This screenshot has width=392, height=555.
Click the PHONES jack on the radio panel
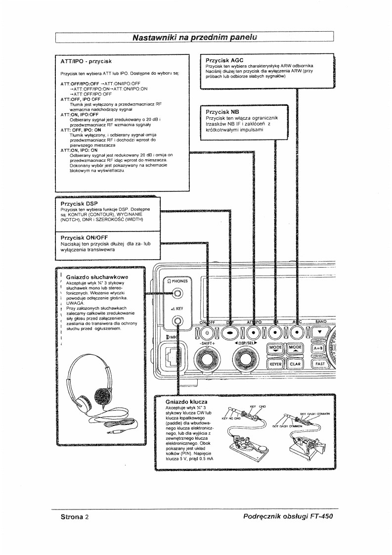[x=177, y=296]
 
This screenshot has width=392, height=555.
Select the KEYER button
[x=275, y=364]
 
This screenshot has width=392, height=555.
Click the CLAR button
[x=296, y=364]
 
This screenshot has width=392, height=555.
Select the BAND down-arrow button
[x=322, y=331]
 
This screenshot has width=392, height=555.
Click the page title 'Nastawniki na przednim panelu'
[x=195, y=37]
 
